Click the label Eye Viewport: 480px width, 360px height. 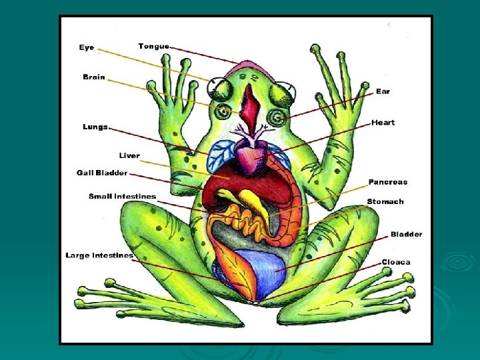[x=87, y=47]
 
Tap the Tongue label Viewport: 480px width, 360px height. [x=153, y=46]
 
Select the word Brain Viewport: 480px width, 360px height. [x=94, y=77]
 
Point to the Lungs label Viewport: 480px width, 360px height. [x=95, y=127]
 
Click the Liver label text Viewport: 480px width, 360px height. [x=129, y=156]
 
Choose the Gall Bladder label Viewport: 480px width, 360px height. [x=102, y=173]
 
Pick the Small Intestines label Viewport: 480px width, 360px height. [x=123, y=196]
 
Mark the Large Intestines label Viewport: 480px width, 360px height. [x=99, y=255]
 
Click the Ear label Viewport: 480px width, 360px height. [x=383, y=91]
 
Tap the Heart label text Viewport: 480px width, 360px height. [x=383, y=123]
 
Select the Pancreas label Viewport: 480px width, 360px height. [x=387, y=182]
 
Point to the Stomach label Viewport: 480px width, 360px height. [x=385, y=201]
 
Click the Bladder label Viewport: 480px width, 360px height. [x=406, y=234]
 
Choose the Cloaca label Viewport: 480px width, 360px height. [x=396, y=262]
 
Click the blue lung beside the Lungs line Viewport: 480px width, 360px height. [x=218, y=156]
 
